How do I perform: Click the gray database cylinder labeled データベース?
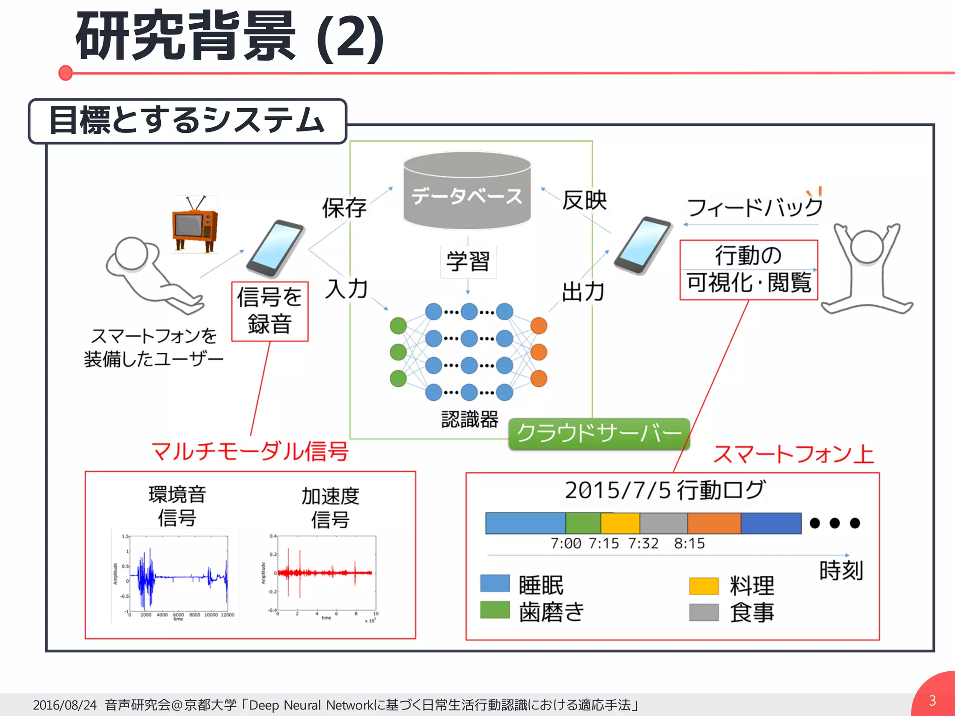pos(467,191)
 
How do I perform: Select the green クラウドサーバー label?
pos(599,434)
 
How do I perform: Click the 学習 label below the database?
pos(468,262)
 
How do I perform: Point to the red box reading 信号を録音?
pos(270,311)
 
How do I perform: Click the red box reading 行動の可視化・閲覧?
pos(748,270)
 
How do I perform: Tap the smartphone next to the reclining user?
pos(275,248)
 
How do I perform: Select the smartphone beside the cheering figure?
pos(643,245)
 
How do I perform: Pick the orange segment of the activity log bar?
pos(714,523)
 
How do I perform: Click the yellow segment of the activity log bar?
pos(620,523)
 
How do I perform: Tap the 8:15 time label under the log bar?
pos(689,544)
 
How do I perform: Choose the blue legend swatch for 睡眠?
pos(495,583)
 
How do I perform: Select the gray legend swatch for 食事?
pos(704,612)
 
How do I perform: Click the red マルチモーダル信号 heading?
pos(250,451)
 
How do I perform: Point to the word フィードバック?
pos(754,207)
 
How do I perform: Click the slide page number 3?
pos(932,701)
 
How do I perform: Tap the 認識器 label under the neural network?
pos(470,420)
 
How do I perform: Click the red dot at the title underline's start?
pos(66,73)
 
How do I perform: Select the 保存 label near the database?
pos(344,208)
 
